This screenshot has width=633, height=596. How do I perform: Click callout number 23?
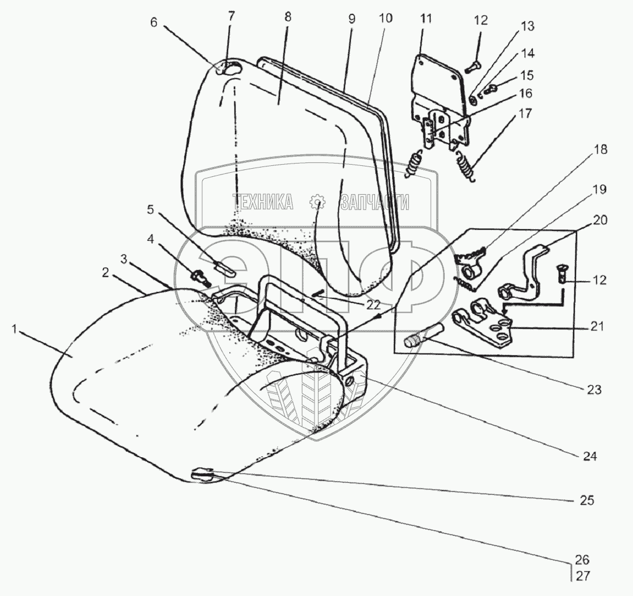(x=593, y=389)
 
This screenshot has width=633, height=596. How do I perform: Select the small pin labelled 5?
(x=223, y=268)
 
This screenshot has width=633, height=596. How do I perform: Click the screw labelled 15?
(x=491, y=88)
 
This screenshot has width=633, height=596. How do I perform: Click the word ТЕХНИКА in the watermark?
(x=263, y=202)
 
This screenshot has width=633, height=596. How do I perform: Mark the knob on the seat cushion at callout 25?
(x=203, y=475)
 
